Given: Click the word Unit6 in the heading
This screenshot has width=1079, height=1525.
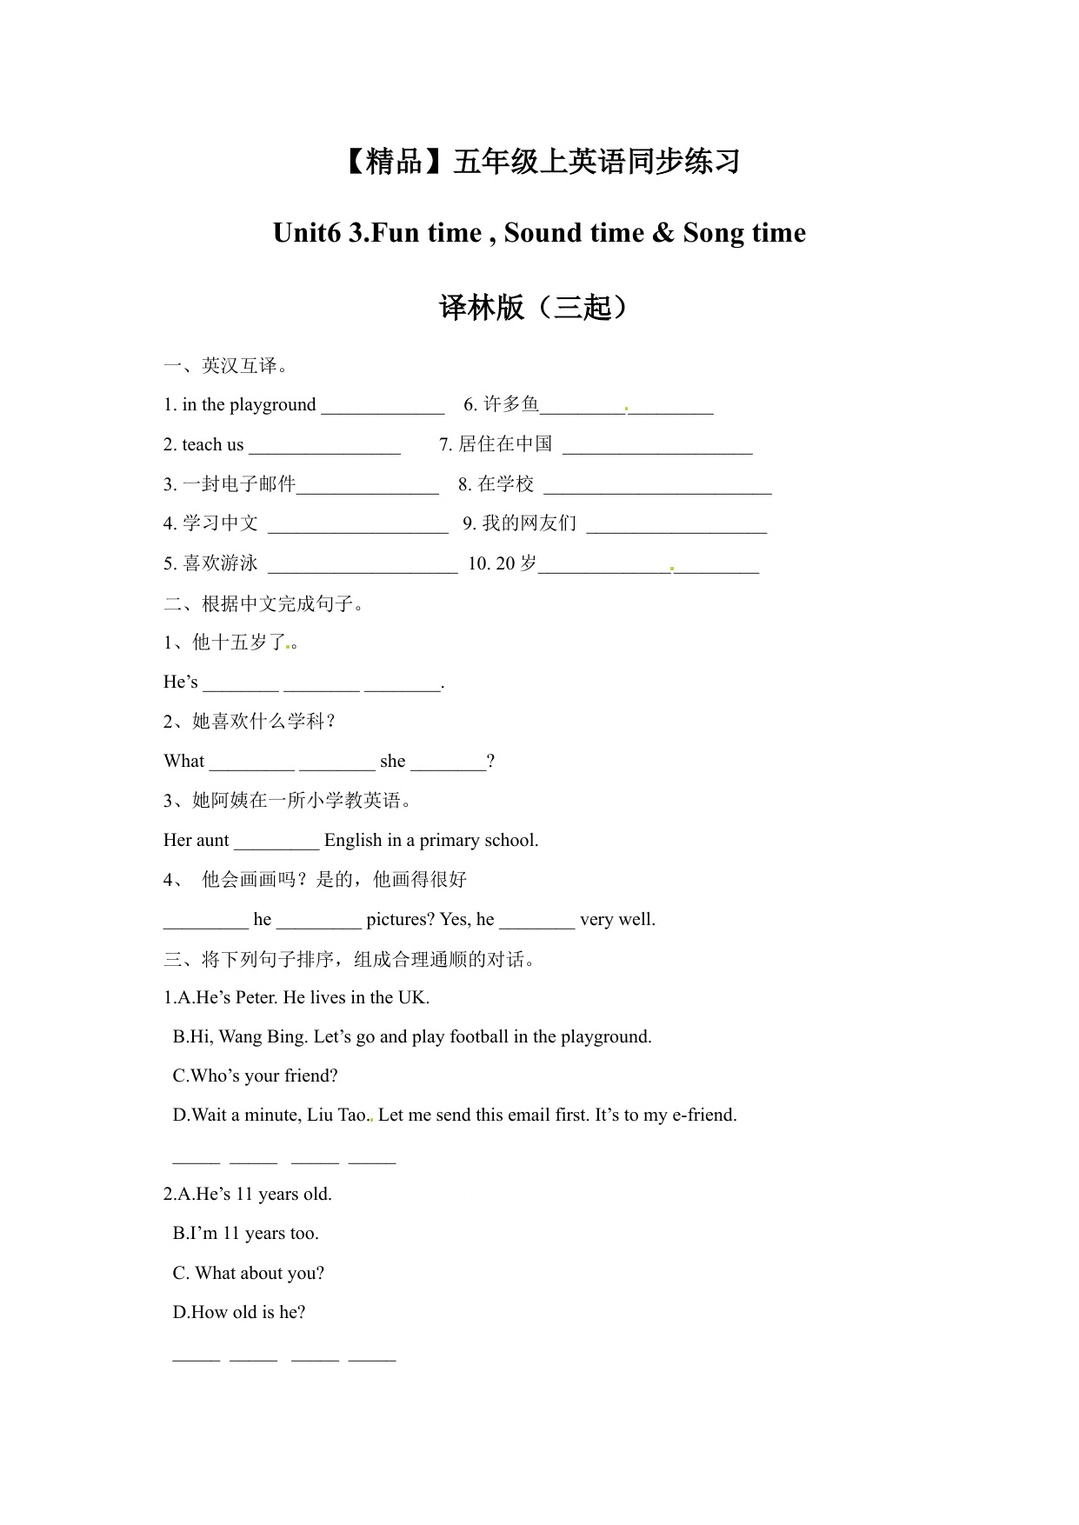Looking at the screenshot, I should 306,233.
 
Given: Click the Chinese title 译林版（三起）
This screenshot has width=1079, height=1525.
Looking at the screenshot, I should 534,307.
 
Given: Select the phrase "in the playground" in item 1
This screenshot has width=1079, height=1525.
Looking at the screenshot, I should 249,404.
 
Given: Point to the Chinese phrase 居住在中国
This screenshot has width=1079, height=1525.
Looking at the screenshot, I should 505,444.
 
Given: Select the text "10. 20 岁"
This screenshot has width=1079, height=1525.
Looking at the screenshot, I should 502,563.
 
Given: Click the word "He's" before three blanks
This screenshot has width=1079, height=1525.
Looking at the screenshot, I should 181,683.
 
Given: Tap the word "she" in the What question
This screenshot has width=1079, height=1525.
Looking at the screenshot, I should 392,762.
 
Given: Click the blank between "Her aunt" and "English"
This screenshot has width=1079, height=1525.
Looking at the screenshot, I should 276,844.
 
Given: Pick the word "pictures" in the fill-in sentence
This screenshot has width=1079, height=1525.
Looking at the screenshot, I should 400,920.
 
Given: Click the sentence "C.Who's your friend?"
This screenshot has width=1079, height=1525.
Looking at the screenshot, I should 255,1076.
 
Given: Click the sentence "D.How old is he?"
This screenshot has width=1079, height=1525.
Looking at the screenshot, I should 239,1313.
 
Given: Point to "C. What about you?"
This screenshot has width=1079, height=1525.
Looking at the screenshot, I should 248,1274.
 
